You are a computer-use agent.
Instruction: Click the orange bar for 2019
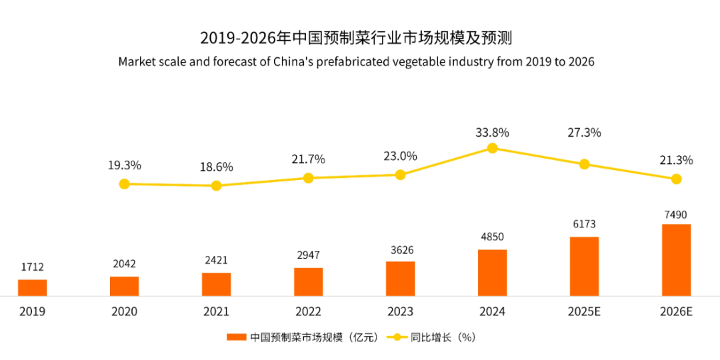coord(32,287)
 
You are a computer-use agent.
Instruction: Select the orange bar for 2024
coord(492,273)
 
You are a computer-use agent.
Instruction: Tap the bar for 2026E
coord(676,260)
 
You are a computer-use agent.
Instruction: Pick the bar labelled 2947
coord(308,282)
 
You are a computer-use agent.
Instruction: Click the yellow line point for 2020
coord(124,183)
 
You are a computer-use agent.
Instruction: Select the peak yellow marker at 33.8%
coord(492,148)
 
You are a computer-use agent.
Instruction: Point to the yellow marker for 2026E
coord(676,179)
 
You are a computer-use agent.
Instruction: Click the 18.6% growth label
coord(216,167)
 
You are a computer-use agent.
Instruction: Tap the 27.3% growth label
coord(584,133)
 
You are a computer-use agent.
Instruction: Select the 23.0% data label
coord(400,157)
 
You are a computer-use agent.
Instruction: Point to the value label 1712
coord(32,267)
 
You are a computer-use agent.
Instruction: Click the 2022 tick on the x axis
coord(308,311)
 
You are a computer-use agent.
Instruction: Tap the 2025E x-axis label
coord(584,311)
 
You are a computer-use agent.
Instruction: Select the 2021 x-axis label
coord(216,311)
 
